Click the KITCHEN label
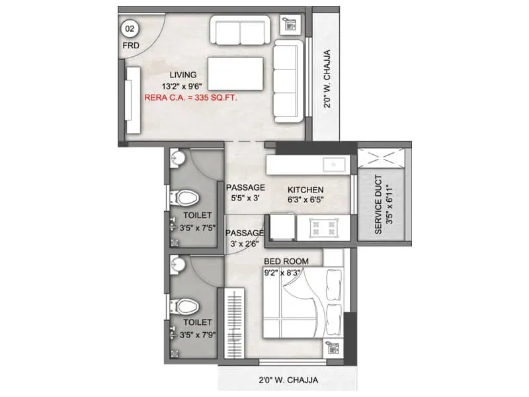(305, 188)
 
